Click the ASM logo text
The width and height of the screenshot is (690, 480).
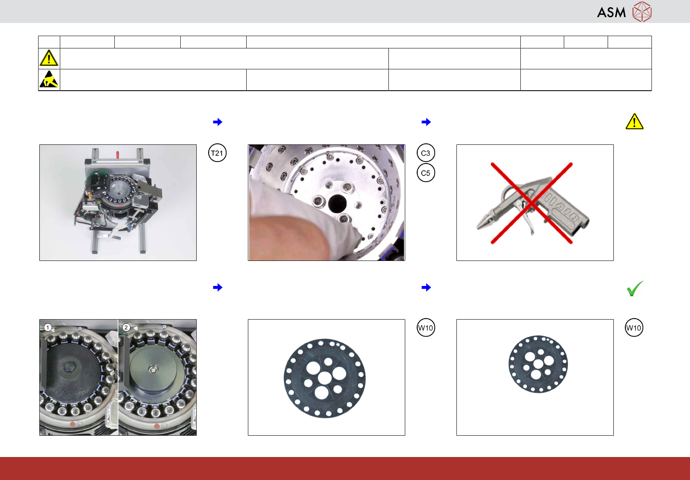611,12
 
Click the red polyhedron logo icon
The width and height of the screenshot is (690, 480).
642,11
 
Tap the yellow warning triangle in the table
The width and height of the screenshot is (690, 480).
49,58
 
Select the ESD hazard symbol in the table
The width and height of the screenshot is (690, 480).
49,79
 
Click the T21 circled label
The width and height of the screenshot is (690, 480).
217,153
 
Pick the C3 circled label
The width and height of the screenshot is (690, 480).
426,153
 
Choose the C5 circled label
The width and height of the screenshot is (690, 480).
426,173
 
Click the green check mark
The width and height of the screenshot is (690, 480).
635,288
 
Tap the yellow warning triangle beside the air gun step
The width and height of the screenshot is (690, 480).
635,121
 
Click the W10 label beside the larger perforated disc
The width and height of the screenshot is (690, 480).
426,328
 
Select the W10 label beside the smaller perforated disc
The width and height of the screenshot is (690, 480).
634,328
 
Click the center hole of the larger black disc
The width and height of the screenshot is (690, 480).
325,377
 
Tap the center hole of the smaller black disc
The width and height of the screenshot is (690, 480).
538,364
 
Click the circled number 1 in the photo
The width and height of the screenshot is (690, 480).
48,327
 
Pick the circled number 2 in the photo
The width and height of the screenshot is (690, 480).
126,327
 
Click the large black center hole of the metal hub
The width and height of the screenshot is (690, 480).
337,203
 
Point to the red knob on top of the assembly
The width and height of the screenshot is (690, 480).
118,153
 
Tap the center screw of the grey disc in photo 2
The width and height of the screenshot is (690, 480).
152,369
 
